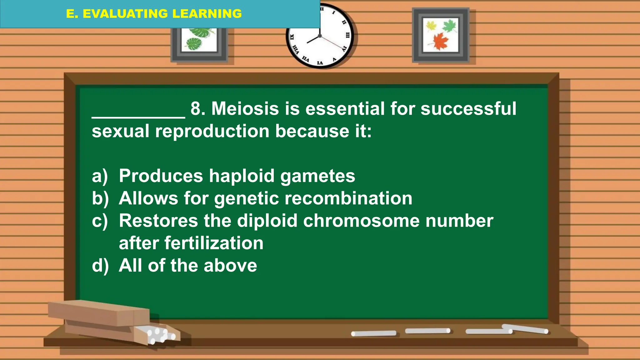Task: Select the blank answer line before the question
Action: (138, 116)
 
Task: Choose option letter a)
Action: (100, 176)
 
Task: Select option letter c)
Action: (100, 221)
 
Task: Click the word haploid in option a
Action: (242, 176)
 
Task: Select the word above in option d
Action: (230, 266)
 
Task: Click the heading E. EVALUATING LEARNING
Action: (154, 14)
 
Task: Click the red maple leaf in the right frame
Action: (440, 42)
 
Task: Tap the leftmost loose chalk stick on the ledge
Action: (373, 333)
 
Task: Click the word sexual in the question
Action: (120, 131)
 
